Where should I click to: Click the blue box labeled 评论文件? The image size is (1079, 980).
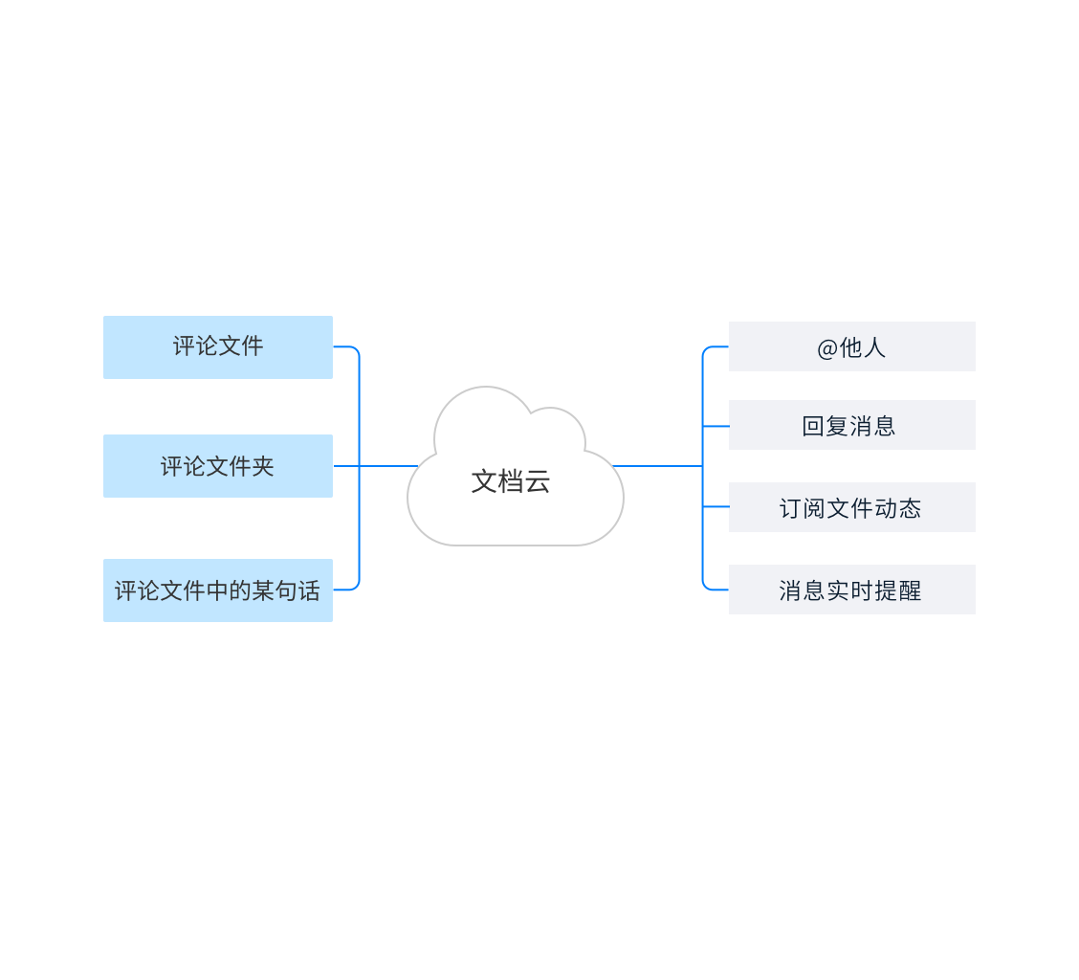pyautogui.click(x=218, y=346)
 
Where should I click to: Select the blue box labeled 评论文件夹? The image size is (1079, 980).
pyautogui.click(x=218, y=466)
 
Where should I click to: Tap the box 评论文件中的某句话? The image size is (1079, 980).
pyautogui.click(x=218, y=590)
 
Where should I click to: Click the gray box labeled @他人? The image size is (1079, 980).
pyautogui.click(x=851, y=346)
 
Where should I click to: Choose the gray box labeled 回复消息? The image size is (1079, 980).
pyautogui.click(x=851, y=425)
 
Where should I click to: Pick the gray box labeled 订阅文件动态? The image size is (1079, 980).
pyautogui.click(x=851, y=507)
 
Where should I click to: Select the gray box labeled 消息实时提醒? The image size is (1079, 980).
pyautogui.click(x=851, y=590)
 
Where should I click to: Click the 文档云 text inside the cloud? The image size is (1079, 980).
pyautogui.click(x=510, y=481)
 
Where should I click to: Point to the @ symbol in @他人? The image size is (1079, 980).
pyautogui.click(x=827, y=348)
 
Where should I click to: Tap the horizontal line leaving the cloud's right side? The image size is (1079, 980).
pyautogui.click(x=660, y=466)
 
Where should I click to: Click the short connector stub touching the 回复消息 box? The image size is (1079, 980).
pyautogui.click(x=716, y=426)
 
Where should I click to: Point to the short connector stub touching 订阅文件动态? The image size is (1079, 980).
pyautogui.click(x=716, y=507)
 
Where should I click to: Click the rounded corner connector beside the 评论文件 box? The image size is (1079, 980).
pyautogui.click(x=354, y=349)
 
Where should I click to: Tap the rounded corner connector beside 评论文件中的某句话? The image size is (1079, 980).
pyautogui.click(x=354, y=587)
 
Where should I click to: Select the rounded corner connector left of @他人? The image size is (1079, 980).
pyautogui.click(x=707, y=350)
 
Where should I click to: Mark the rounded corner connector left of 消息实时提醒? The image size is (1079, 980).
pyautogui.click(x=707, y=586)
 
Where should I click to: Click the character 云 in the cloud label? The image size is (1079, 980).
pyautogui.click(x=538, y=481)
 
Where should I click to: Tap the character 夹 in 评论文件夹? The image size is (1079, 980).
pyautogui.click(x=263, y=466)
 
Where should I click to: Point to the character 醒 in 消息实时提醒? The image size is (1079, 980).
pyautogui.click(x=910, y=590)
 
